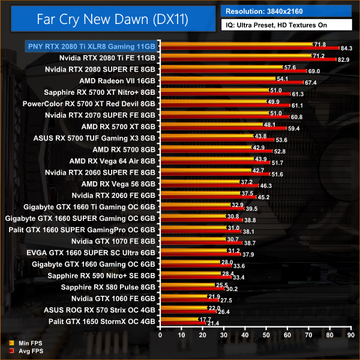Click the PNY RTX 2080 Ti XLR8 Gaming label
pos(90,46)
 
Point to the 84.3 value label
pos(347,49)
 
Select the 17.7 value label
pos(205,320)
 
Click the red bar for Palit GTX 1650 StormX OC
pos(182,323)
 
